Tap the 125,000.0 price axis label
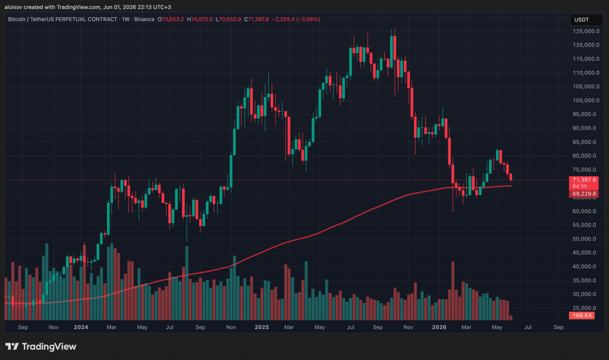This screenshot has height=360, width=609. [586, 31]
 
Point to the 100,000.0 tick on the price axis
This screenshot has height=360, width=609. [586, 101]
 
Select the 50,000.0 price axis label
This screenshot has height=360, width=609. [586, 239]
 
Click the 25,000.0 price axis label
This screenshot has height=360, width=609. [586, 308]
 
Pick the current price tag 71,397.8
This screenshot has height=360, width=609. [584, 180]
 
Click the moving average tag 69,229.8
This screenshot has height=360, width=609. [584, 193]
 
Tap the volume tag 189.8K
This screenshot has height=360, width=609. [582, 315]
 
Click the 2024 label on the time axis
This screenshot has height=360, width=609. [81, 327]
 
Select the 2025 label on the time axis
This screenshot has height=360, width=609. [262, 327]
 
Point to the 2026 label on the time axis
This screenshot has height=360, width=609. [440, 327]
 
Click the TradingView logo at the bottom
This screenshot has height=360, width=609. [41, 346]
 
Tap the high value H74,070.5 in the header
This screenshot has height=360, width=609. [200, 19]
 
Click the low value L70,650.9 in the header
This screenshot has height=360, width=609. [228, 19]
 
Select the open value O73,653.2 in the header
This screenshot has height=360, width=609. [171, 19]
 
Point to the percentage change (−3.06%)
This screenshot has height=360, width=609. [308, 19]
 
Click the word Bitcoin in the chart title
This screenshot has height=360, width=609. [17, 19]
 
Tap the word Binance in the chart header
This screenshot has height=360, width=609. [145, 19]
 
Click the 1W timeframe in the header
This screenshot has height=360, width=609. [125, 19]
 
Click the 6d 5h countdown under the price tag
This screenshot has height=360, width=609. [580, 186]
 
